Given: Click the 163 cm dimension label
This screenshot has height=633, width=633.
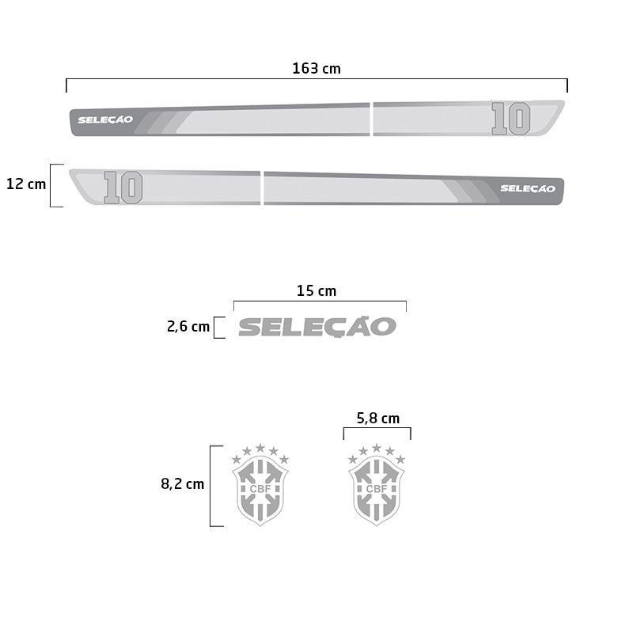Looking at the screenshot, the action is click(x=316, y=69).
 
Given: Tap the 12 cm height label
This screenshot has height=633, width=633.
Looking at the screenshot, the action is click(x=26, y=184).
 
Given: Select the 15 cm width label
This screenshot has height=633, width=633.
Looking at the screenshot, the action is click(x=316, y=291).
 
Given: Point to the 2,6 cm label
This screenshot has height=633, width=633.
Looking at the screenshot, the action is click(x=188, y=327).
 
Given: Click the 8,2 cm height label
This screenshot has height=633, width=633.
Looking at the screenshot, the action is click(x=183, y=484).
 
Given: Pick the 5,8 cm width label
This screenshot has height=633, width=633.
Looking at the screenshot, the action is click(x=378, y=419).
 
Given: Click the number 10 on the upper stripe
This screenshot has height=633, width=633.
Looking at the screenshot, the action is click(x=510, y=119).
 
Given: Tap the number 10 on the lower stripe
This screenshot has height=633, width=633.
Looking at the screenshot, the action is click(x=123, y=188).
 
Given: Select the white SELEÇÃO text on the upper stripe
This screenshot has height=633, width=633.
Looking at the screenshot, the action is click(x=105, y=120).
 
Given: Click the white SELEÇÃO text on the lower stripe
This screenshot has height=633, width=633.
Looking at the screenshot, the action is click(x=528, y=188).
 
